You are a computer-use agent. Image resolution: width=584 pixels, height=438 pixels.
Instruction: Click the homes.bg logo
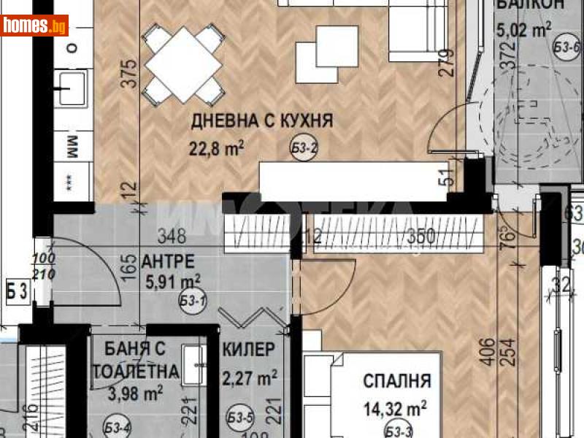point(35,26)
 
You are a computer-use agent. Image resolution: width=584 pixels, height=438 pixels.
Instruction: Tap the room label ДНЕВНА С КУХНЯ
point(261,121)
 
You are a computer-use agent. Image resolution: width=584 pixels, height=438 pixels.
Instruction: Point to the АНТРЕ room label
point(168,261)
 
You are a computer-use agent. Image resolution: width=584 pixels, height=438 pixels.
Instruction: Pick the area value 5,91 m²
point(171,280)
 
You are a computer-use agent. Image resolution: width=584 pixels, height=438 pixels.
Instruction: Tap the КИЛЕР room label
point(249,350)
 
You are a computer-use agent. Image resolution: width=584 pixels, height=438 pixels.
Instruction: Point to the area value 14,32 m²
point(396,407)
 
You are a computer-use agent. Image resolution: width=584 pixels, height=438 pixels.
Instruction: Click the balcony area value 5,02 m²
point(523,30)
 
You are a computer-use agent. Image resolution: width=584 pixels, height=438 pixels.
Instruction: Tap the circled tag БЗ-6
point(566,47)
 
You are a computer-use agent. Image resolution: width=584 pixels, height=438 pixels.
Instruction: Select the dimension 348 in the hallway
point(174,236)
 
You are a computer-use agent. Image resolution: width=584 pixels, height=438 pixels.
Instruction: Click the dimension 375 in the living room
point(129,74)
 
